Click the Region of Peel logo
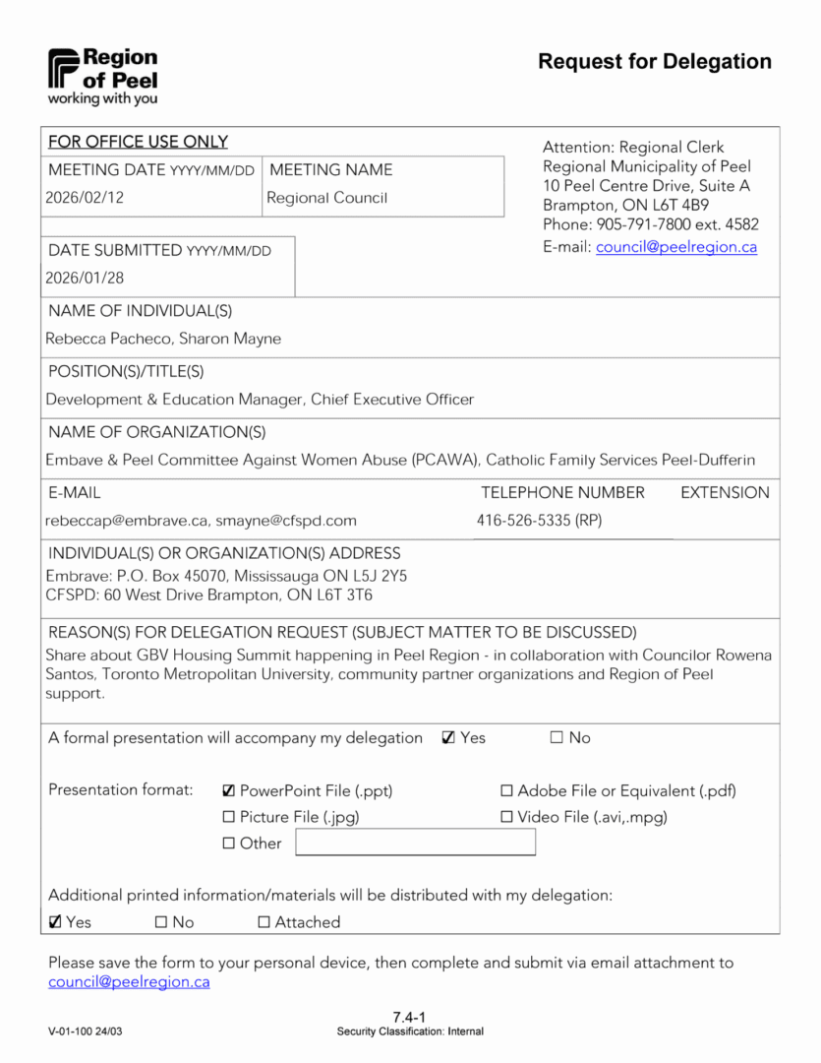102,76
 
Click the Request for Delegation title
654,62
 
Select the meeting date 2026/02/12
85,198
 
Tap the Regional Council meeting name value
327,198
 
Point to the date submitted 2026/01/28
85,279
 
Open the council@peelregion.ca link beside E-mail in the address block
676,247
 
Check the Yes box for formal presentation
448,738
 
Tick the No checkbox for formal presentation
557,738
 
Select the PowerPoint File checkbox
229,791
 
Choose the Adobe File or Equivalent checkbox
507,791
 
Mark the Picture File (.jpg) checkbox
229,817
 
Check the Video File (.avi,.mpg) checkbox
507,817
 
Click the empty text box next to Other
415,843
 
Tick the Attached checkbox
264,923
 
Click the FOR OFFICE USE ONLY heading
138,142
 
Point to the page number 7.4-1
409,1017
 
